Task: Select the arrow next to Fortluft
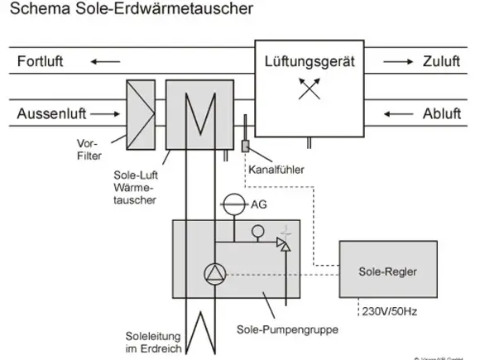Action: [x=103, y=61]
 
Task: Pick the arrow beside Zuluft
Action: [x=396, y=61]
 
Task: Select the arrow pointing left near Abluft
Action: [x=396, y=113]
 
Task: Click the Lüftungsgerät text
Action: [x=309, y=61]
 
